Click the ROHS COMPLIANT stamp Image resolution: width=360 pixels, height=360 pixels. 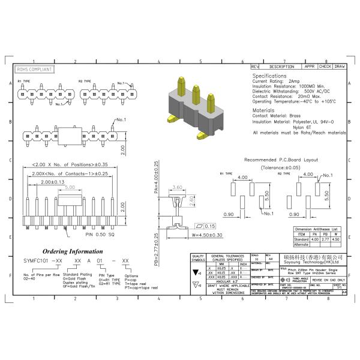[x=34, y=69]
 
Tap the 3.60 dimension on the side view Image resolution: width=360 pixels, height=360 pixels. [x=178, y=188]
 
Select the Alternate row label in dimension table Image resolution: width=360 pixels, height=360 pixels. [x=302, y=245]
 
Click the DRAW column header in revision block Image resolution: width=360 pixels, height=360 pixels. [x=339, y=67]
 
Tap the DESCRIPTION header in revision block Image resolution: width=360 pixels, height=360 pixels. [x=281, y=67]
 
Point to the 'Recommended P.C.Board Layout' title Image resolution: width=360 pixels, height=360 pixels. [x=277, y=160]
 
